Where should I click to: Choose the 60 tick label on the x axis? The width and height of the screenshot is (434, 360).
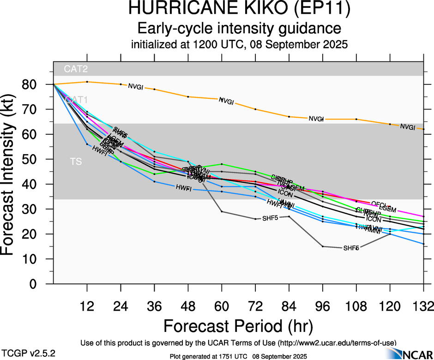click(222, 307)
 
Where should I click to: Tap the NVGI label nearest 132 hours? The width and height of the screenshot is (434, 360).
click(408, 127)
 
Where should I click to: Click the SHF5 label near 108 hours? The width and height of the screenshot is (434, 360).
click(351, 248)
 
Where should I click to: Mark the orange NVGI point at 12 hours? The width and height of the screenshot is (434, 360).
click(87, 82)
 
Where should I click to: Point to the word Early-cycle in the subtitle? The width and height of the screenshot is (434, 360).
click(177, 29)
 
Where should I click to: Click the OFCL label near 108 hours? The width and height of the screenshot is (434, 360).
click(379, 204)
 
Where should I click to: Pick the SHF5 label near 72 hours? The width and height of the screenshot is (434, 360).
click(270, 218)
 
